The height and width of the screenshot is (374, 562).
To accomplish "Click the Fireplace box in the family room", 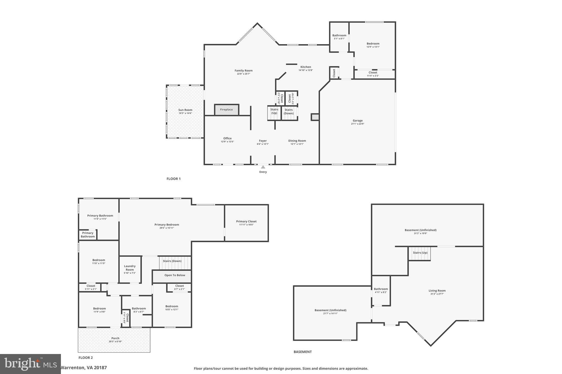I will (x=226, y=110).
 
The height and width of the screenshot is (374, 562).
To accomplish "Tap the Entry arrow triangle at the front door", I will (x=263, y=167).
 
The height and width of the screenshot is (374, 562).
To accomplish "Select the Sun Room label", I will (x=185, y=110).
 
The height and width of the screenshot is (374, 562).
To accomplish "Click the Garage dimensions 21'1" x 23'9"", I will (x=358, y=124).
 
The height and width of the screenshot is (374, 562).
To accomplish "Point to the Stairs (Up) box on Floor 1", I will (x=274, y=113).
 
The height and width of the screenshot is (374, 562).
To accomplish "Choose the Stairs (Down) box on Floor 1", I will (x=289, y=113).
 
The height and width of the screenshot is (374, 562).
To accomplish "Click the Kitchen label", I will (x=306, y=67).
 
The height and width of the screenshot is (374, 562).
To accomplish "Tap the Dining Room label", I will (x=297, y=141).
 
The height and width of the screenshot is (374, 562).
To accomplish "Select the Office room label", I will (x=227, y=138).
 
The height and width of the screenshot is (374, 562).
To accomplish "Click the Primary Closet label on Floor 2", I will (x=246, y=221).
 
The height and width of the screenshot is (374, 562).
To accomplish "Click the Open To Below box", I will (x=175, y=275).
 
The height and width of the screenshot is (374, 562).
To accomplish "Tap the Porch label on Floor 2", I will (x=115, y=338).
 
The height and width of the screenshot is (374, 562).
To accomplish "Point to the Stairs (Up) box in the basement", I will (x=420, y=253).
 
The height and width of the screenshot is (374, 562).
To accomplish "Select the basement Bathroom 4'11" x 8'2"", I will (x=381, y=290).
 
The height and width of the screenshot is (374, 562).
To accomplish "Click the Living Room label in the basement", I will (x=437, y=291).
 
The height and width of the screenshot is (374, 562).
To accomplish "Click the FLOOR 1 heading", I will (x=173, y=179).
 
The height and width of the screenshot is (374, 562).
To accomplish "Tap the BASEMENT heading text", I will (x=302, y=352).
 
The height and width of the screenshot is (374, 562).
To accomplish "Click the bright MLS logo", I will (x=30, y=364).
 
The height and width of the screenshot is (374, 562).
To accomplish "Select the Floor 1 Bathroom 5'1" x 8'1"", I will (x=339, y=37).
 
